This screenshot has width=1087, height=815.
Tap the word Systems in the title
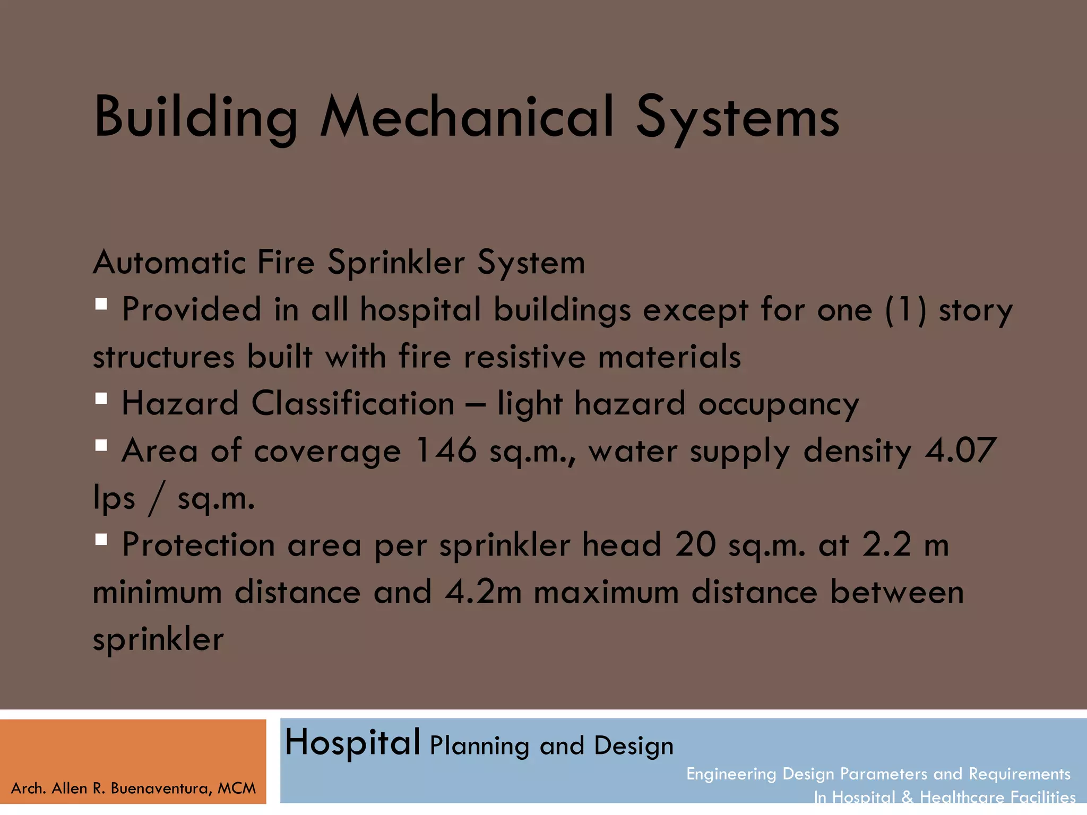tap(737, 118)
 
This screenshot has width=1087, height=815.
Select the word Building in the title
tap(195, 118)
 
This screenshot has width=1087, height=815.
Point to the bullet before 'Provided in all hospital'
tap(101, 305)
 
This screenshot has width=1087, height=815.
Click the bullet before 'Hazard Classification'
tap(101, 398)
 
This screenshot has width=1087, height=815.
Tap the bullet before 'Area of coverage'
tap(101, 446)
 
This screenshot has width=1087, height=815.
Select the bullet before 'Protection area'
tap(101, 540)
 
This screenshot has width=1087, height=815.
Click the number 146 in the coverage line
tap(446, 450)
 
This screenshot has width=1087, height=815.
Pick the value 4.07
tap(960, 450)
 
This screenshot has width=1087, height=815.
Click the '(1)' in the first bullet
tap(905, 309)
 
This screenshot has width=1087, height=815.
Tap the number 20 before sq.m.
tap(695, 545)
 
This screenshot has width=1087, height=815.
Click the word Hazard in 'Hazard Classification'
tap(180, 404)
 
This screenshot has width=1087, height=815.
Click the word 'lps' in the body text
tap(114, 499)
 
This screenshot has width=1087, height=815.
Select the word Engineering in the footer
tap(731, 774)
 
